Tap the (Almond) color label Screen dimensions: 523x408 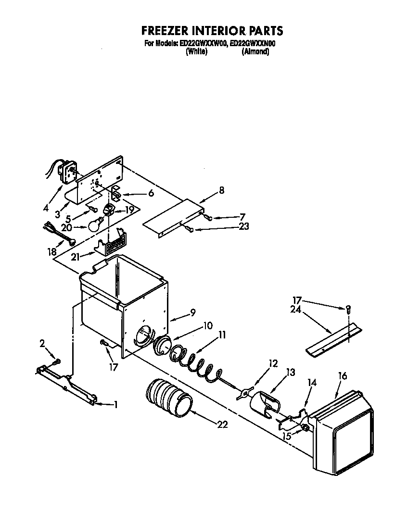point(255,51)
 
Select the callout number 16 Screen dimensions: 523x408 point(343,376)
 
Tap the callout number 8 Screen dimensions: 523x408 point(221,190)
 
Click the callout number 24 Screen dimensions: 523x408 point(295,310)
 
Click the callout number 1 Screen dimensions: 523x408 point(115,404)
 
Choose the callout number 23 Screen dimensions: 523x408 point(243,226)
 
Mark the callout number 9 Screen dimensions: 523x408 point(192,312)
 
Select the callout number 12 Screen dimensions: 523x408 point(273,364)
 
